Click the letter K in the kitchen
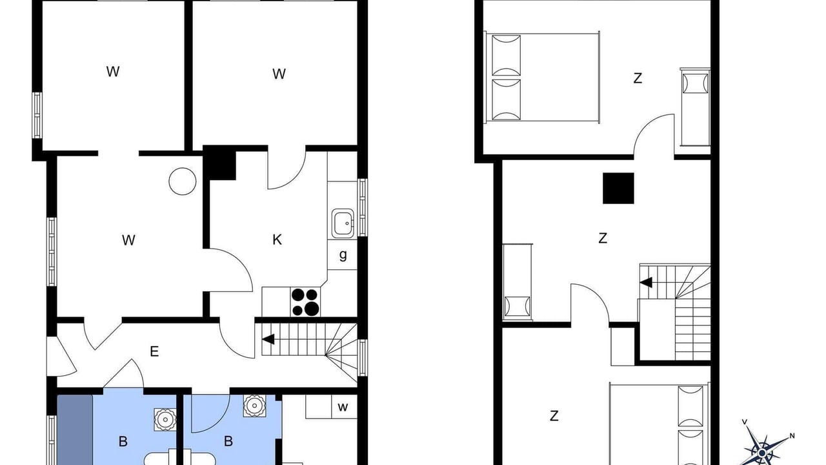[x=277, y=240]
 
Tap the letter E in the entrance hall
[x=154, y=351]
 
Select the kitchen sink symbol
[x=343, y=223]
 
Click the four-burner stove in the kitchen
[x=305, y=302]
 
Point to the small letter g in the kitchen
[x=343, y=255]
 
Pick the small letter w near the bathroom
[x=343, y=407]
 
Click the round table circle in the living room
[x=183, y=181]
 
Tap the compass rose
[x=762, y=450]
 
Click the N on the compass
[x=792, y=436]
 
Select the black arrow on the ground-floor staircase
[x=268, y=339]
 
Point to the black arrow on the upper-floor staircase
[x=646, y=283]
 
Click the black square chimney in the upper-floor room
[x=618, y=188]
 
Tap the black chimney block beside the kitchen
[x=220, y=163]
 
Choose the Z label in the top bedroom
[x=638, y=78]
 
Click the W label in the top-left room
[x=113, y=72]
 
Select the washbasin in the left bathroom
[x=165, y=419]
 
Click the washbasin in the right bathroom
[x=254, y=406]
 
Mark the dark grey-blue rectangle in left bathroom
[x=75, y=430]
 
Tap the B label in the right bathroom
[x=228, y=441]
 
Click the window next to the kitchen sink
[x=363, y=207]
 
